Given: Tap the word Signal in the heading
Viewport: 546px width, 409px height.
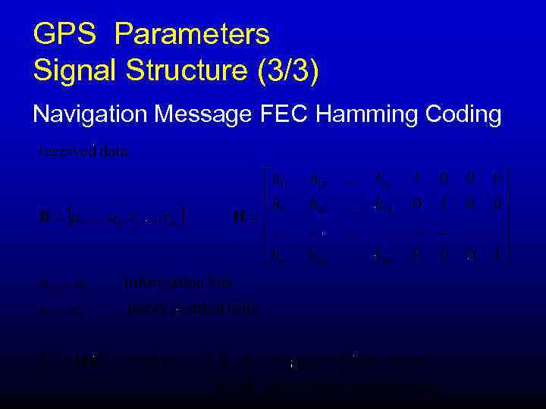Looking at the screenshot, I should tap(72, 71).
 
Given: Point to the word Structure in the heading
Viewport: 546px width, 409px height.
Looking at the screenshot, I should tap(185, 71).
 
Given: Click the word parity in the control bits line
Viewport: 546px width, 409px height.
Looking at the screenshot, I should tap(143, 308).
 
